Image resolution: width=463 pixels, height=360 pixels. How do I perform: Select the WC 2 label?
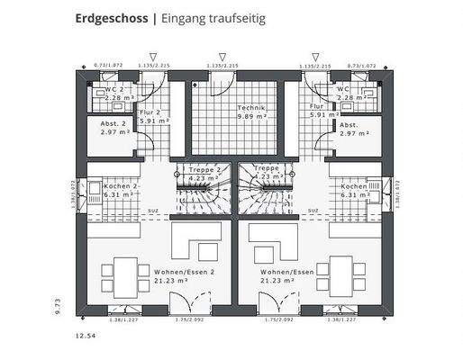(114, 90)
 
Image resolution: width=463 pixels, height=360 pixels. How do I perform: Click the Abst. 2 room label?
(113, 124)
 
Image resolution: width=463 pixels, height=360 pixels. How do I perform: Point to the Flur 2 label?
(150, 112)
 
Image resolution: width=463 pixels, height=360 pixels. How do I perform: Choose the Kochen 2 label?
(118, 185)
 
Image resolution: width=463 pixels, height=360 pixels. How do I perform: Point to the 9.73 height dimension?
(56, 306)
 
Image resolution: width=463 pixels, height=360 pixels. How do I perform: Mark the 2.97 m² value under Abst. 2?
(115, 133)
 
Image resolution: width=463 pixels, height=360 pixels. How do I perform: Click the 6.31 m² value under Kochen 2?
(117, 193)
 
